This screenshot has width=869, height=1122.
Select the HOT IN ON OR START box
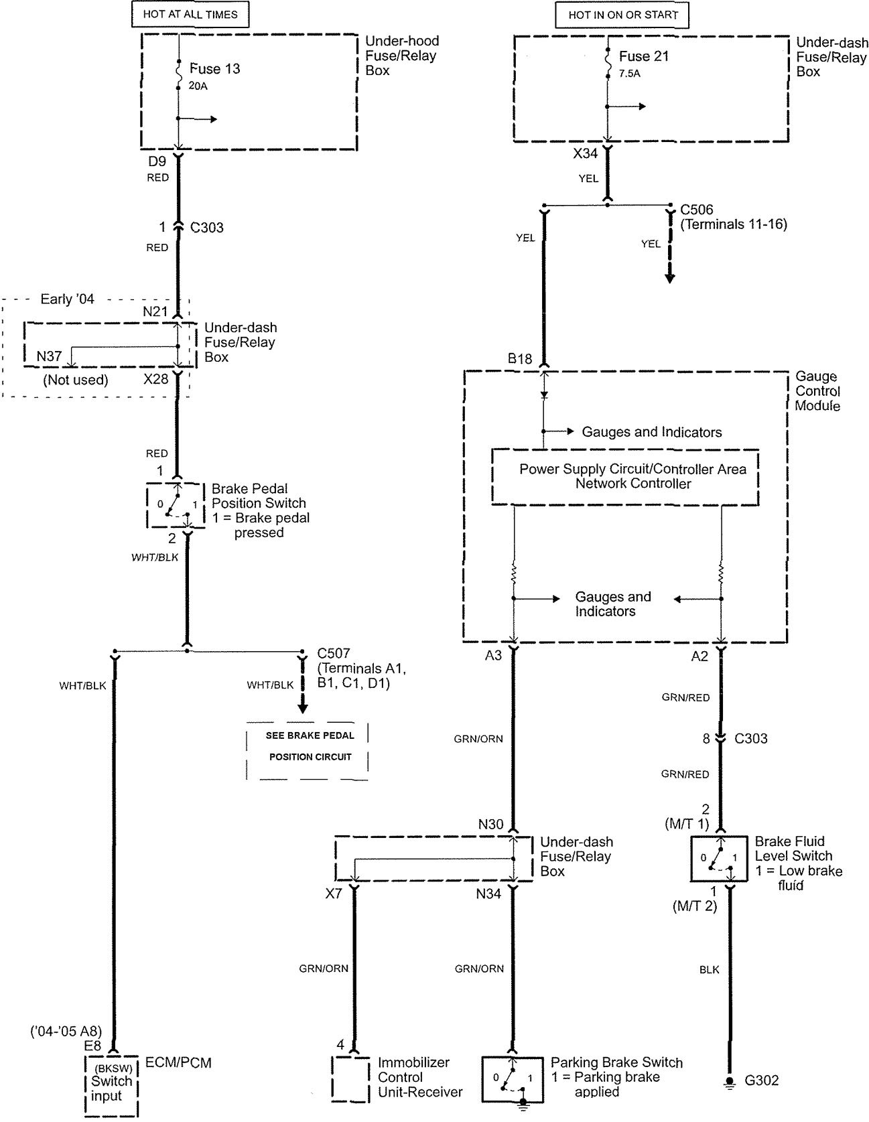(622, 15)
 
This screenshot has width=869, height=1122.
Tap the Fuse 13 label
(214, 68)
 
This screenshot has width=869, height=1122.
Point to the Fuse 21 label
(644, 56)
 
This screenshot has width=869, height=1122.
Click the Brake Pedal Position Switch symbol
(174, 504)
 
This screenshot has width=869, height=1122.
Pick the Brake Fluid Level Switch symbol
(719, 858)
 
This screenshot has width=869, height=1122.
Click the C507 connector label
(334, 652)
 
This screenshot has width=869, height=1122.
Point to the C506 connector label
(697, 210)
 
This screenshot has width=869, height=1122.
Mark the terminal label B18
(520, 359)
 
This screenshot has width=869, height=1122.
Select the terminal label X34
(585, 153)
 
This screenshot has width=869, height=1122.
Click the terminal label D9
(157, 161)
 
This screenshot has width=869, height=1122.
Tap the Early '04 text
(67, 299)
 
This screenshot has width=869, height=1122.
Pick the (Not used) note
(75, 380)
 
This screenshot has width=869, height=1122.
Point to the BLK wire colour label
(709, 969)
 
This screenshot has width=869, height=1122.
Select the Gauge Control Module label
(817, 391)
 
